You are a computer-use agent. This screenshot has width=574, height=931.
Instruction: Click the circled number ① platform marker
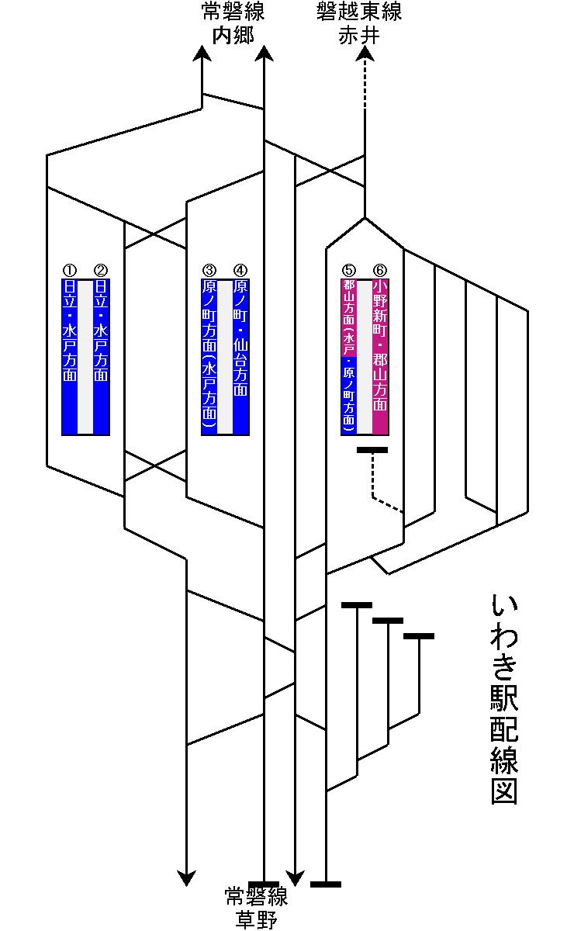point(69,270)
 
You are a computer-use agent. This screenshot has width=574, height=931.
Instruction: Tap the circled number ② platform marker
point(100,270)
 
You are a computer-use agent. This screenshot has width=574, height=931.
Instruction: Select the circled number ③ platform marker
point(209,270)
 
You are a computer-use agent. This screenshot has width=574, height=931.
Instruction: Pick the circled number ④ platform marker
point(240,270)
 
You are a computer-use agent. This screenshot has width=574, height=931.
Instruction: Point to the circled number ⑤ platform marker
point(348,270)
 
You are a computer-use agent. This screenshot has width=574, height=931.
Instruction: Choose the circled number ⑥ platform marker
point(379,270)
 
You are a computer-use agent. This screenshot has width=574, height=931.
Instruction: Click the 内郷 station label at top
point(233,36)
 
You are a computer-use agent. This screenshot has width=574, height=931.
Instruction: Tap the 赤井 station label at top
point(359,36)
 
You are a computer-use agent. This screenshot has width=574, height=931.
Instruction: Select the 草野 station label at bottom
point(256,920)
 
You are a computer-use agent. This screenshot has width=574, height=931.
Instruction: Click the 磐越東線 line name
point(359,13)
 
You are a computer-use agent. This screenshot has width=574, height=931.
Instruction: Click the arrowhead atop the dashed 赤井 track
point(365,54)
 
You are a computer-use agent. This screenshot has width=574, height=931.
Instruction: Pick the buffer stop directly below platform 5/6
point(372,450)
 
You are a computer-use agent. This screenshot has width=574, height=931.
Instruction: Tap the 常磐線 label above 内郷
point(233,13)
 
